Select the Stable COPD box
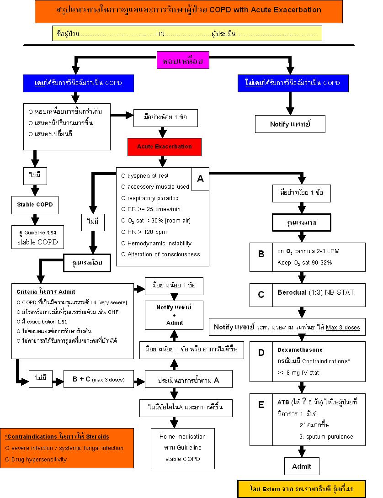[x=35, y=204]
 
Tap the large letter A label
[x=200, y=178]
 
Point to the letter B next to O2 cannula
[x=261, y=254]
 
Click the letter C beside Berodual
[x=261, y=295]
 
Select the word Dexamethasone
[x=300, y=350]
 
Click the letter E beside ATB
[x=261, y=404]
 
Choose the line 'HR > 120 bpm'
[x=144, y=232]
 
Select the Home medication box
[x=183, y=447]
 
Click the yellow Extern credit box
[x=302, y=489]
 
